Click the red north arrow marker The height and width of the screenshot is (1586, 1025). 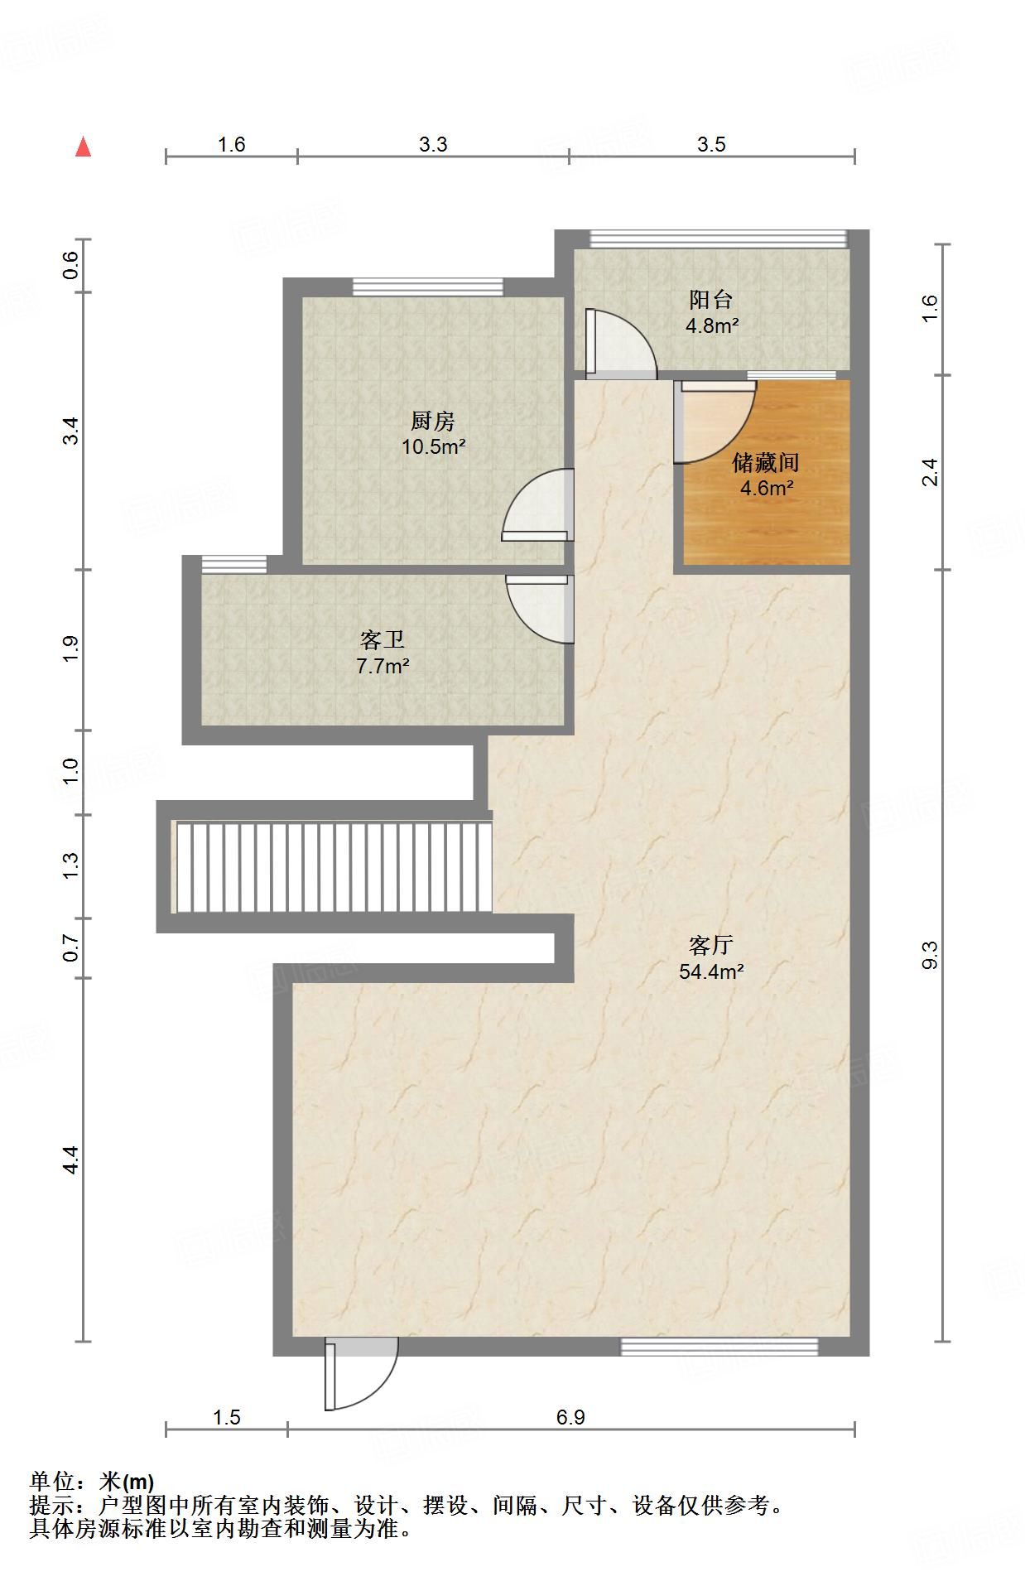pos(83,147)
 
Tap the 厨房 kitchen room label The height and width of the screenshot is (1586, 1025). pos(433,422)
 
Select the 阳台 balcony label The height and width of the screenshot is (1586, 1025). pos(711,299)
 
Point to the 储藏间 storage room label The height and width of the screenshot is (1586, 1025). pos(766,462)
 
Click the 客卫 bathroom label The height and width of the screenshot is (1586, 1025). pos(383,639)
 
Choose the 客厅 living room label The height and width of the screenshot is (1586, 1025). pos(711,945)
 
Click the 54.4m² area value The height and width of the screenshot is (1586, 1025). pos(711,971)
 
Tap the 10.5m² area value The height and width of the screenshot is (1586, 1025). pos(433,447)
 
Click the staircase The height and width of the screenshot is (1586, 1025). pos(331,867)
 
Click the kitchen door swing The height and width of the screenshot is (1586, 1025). pos(537,505)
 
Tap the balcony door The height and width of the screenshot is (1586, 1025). pos(620,345)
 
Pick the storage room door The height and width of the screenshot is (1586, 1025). pos(715,421)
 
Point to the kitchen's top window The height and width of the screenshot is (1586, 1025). pos(428,287)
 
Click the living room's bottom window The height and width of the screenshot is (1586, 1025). pos(719,1347)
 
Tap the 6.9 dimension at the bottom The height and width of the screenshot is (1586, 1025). pos(570,1417)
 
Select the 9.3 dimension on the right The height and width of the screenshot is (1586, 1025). pos(930,955)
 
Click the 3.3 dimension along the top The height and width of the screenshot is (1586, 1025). pos(433,145)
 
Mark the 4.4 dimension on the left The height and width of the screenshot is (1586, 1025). pos(71,1159)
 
